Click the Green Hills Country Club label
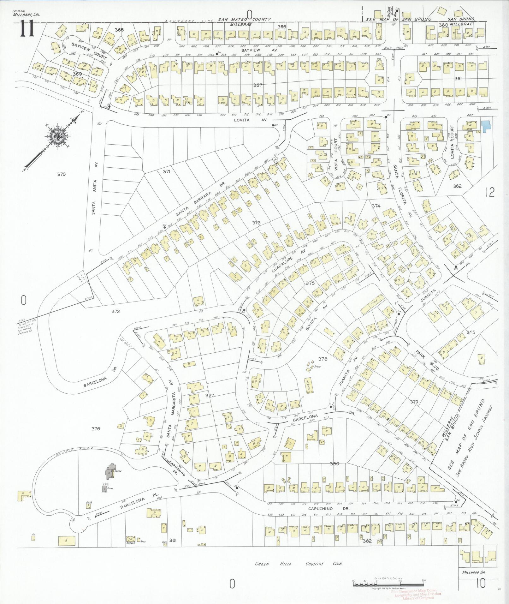pyautogui.click(x=298, y=564)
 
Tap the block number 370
pyautogui.click(x=61, y=174)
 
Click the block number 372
pyautogui.click(x=115, y=312)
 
